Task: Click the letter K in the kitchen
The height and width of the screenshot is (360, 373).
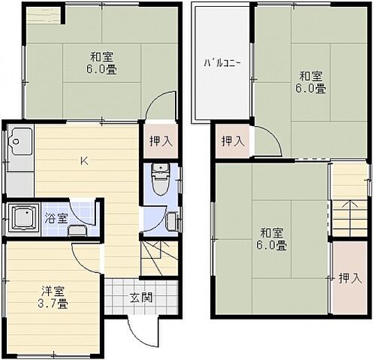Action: pyautogui.click(x=85, y=160)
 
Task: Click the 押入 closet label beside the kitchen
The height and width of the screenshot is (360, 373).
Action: pyautogui.click(x=159, y=140)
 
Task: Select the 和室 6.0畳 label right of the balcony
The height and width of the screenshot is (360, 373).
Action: pyautogui.click(x=311, y=81)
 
